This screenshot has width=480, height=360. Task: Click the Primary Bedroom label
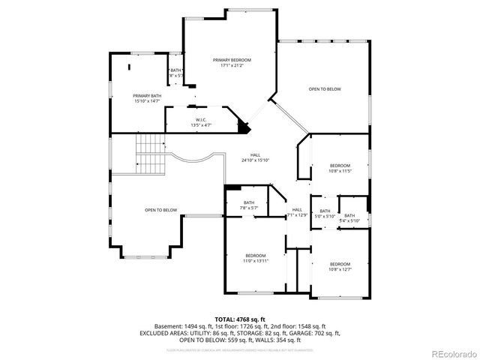[231, 60]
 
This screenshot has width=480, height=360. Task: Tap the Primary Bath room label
[147, 96]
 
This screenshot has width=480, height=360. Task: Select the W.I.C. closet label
[201, 120]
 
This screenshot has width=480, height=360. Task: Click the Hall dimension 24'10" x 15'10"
[255, 160]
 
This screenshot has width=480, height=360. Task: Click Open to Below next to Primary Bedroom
[325, 89]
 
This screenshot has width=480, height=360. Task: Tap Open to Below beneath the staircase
[160, 210]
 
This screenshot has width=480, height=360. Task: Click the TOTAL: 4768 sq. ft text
[239, 319]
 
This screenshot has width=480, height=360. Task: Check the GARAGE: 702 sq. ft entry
[315, 332]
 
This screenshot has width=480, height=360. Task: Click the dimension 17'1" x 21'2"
[231, 65]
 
